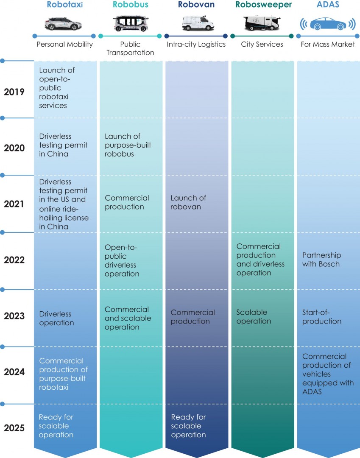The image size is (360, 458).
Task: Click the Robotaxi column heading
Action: coord(64,6)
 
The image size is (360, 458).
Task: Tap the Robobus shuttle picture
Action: coord(130,23)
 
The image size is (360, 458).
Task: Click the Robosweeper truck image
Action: coord(261,23)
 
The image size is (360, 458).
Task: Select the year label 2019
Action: coord(14,92)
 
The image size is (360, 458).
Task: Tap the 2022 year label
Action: coord(14,260)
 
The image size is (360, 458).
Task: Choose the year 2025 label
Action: coord(14,428)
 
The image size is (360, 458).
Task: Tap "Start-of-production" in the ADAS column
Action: coord(322,317)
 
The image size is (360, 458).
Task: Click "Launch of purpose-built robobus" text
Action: coord(128,145)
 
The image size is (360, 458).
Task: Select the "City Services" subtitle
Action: coord(262,44)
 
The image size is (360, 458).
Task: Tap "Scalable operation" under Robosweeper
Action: coord(254,317)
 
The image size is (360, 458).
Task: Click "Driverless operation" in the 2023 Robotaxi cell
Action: coord(56,318)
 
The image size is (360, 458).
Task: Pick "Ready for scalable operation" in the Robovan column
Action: coord(188,426)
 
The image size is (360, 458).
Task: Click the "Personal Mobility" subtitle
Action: coord(64,44)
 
